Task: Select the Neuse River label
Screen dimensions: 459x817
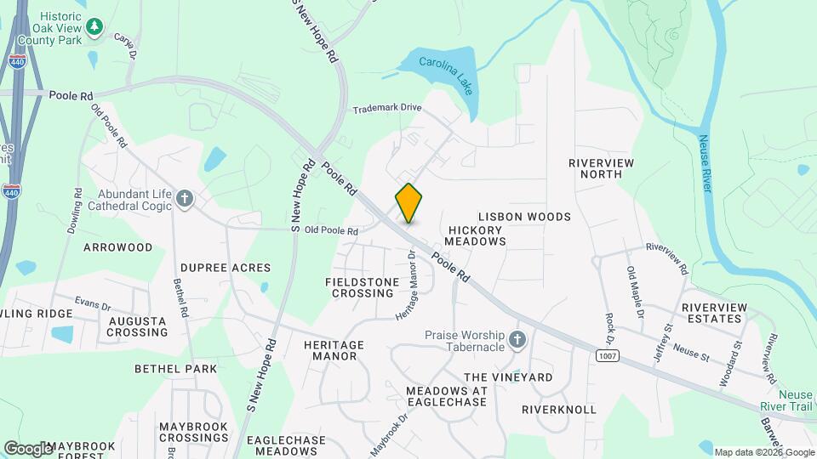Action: (705, 164)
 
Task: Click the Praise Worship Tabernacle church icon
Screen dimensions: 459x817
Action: (517, 341)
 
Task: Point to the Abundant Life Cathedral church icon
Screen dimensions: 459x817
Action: (186, 199)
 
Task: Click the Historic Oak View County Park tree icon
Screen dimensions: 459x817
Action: (95, 28)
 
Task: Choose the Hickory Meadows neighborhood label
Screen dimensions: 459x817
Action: (477, 235)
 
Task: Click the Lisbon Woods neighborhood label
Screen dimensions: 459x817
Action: (524, 217)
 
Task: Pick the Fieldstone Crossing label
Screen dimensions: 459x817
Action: (363, 286)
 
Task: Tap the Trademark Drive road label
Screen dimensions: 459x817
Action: (387, 108)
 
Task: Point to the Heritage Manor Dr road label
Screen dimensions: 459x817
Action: (408, 285)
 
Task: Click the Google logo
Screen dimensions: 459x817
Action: (28, 448)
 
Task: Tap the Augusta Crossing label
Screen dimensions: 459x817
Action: (138, 326)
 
